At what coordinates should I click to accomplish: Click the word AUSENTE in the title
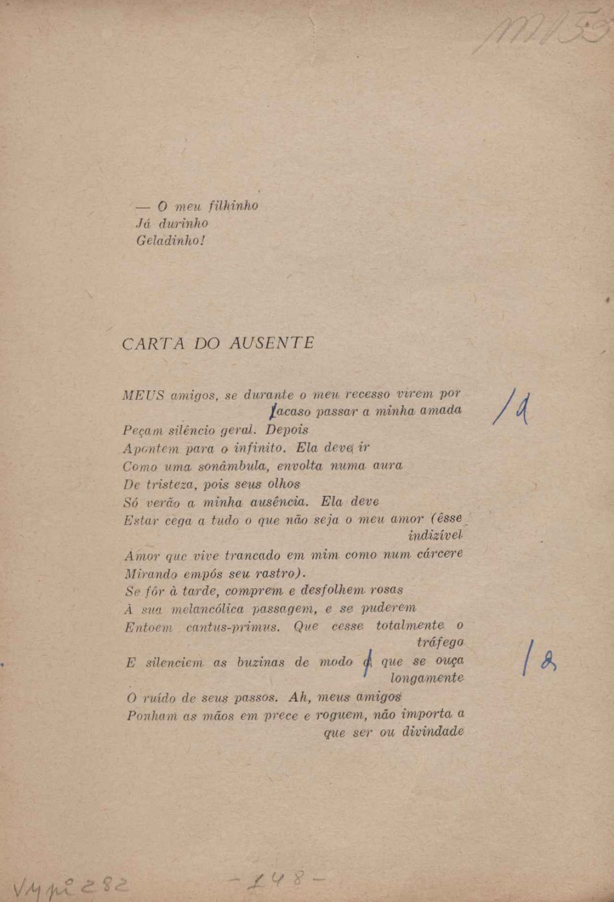[272, 343]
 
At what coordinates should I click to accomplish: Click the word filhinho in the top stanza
[233, 206]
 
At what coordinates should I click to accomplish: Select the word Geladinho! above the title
[171, 241]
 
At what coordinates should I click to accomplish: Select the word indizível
[435, 535]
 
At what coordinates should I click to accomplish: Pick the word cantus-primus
[233, 626]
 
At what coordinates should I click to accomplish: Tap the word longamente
[427, 678]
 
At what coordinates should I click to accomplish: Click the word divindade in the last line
[433, 732]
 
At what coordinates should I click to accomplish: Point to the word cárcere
[440, 553]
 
